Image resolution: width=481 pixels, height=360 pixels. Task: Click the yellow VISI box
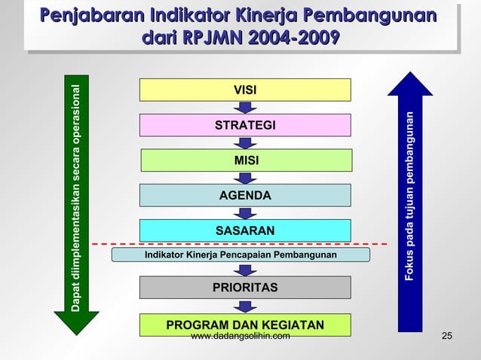coord(245,90)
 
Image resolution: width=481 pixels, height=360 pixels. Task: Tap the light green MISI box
coord(246,160)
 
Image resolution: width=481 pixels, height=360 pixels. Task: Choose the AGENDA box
coord(245,195)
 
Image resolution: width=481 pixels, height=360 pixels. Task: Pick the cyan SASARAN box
coord(245,230)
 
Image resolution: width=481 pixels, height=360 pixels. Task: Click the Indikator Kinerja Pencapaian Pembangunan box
coord(240,255)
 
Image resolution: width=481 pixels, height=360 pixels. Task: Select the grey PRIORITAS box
coord(245,288)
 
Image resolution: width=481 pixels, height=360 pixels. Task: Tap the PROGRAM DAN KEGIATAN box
coord(245,325)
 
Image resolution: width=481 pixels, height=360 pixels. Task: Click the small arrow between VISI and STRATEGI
coord(245,108)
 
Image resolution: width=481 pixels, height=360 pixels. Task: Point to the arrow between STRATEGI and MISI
coord(245,142)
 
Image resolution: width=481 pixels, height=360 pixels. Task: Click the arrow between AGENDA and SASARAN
coord(245,213)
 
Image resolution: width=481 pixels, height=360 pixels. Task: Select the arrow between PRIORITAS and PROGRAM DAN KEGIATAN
coord(245,306)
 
